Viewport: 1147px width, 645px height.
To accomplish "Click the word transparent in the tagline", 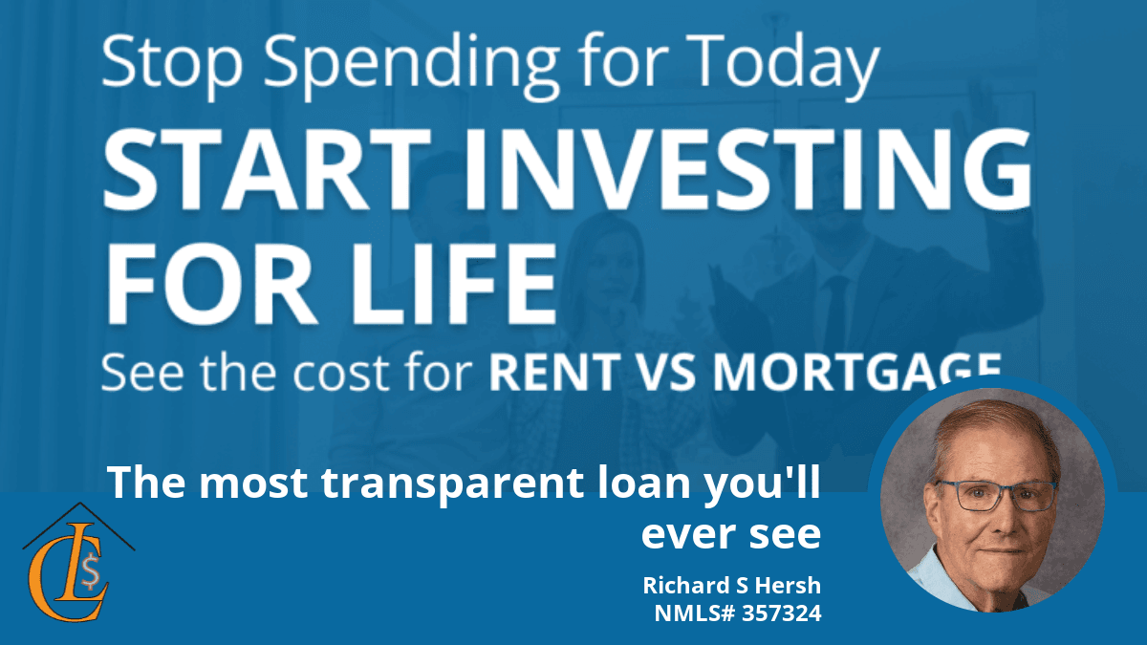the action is [453, 484].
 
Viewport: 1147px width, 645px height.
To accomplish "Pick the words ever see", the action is [730, 534].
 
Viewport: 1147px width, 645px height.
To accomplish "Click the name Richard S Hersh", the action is [732, 585].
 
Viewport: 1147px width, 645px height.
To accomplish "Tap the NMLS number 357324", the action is [782, 613].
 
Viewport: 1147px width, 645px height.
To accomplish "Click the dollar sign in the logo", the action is [90, 570].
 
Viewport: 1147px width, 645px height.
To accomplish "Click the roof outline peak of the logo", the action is [78, 504].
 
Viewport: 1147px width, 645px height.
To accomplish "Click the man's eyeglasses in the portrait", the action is [996, 495].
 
